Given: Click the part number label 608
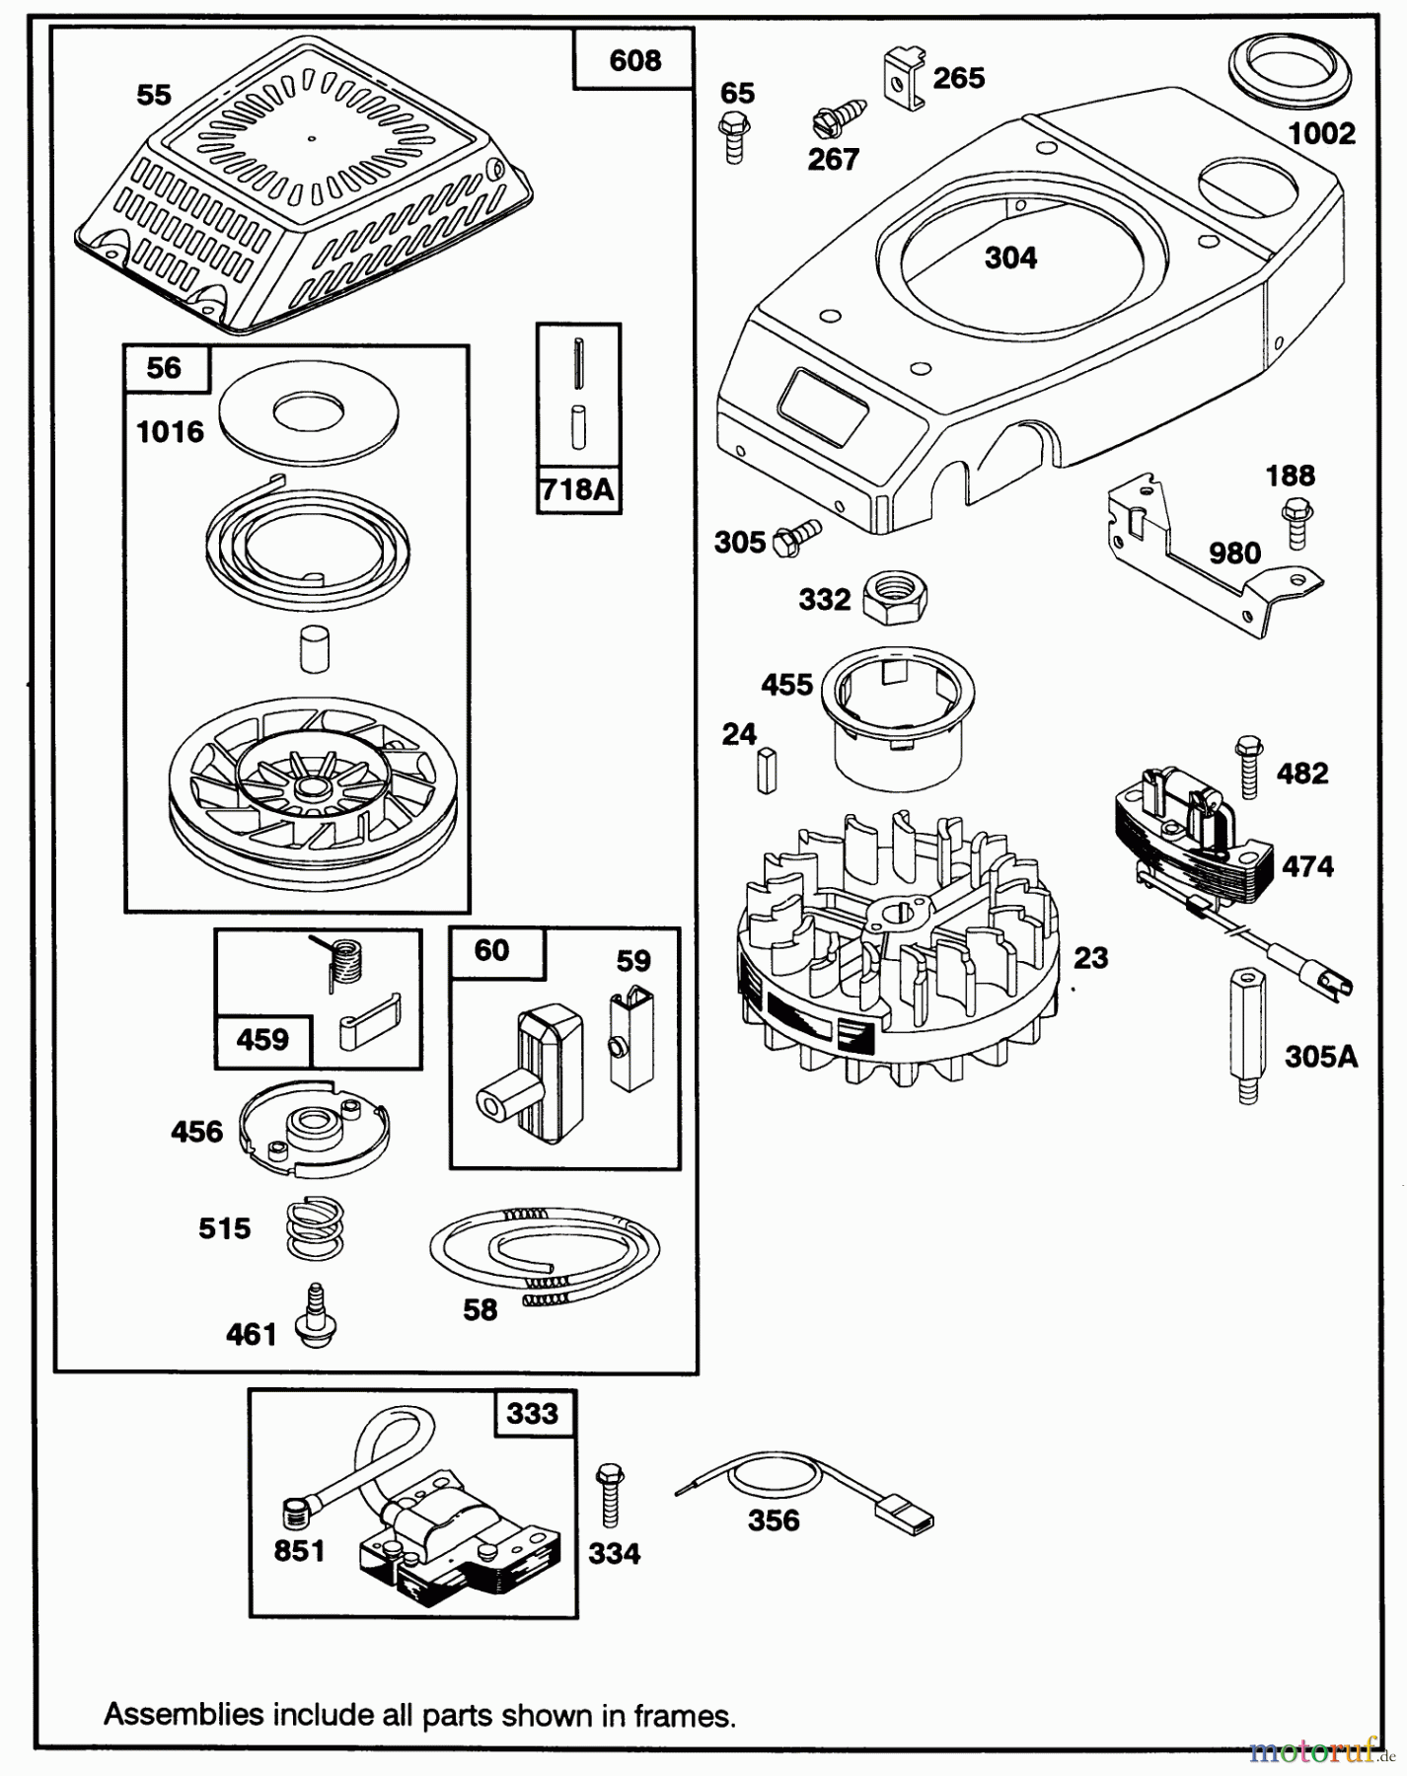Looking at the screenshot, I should coord(634,61).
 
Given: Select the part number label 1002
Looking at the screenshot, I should coord(1321,133).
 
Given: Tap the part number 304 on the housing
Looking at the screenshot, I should coord(1010,259).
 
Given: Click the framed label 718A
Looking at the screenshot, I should coord(578,489).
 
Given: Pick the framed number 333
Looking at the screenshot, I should coord(533,1413).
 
